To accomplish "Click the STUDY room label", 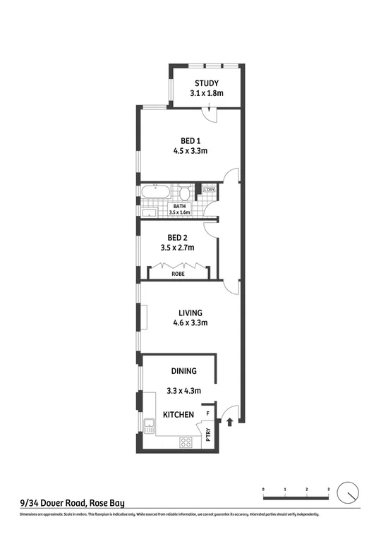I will pos(206,83).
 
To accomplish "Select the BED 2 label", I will pos(177,237).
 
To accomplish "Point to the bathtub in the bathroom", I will pos(155,191).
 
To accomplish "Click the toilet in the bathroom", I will pos(184,193).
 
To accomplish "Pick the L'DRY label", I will pos(209,190).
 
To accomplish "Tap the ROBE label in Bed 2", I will pos(176,273).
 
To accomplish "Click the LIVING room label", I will pos(190,313).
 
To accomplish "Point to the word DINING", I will pos(183,370).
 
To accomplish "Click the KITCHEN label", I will pos(179,415).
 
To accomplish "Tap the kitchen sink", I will pos(149,425).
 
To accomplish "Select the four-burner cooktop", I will pos(187,443).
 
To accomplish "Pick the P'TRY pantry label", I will pos(208,434).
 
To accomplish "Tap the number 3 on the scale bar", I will pos(328,488).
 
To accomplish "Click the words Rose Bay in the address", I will pos(108,503).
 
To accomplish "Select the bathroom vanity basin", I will pos(150,212).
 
